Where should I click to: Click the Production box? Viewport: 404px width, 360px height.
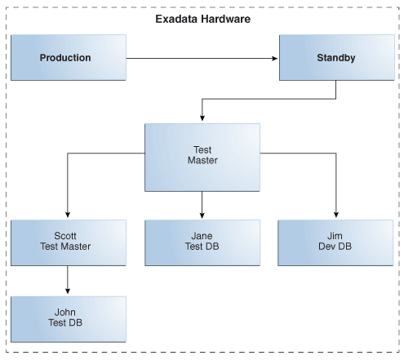click(x=69, y=57)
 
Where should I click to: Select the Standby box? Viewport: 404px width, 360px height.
click(x=337, y=57)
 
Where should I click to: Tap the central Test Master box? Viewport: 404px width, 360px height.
click(x=202, y=158)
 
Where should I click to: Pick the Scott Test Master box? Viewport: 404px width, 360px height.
click(x=69, y=242)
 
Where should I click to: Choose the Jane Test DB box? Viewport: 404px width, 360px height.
click(x=202, y=242)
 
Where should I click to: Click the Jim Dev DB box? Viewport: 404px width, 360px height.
click(x=335, y=242)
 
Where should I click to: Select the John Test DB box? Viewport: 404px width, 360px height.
click(x=69, y=319)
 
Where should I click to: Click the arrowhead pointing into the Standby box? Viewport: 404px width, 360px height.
click(x=275, y=58)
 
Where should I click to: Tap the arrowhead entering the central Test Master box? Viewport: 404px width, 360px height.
click(x=202, y=118)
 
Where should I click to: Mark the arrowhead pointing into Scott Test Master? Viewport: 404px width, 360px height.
click(x=68, y=215)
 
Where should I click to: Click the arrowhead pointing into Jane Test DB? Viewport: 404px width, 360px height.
click(x=202, y=215)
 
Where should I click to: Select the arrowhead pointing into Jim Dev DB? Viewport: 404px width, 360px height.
click(x=336, y=215)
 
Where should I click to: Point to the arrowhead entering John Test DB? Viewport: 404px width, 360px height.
click(x=68, y=291)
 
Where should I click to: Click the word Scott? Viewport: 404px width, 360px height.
click(x=65, y=236)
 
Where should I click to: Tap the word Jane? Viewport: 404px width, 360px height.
click(x=202, y=236)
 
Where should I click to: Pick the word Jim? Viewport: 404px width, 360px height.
click(x=335, y=236)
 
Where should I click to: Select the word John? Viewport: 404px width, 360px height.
click(x=65, y=312)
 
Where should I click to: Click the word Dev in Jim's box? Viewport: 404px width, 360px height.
click(x=327, y=247)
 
